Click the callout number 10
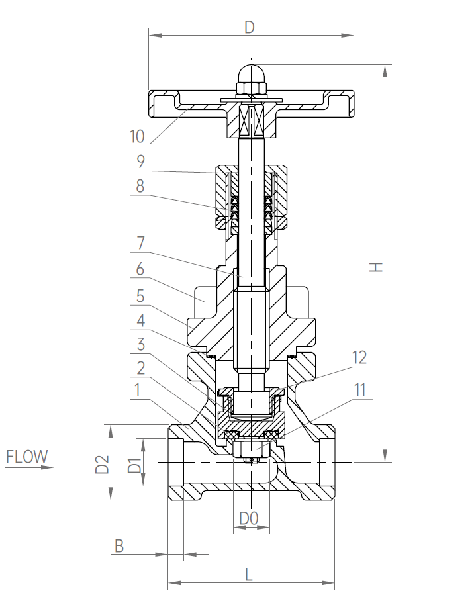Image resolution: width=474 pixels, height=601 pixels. click(138, 136)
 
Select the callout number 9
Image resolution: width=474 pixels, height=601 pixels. click(140, 161)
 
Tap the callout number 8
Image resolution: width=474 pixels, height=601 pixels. click(140, 186)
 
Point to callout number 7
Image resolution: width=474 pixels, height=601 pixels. click(140, 243)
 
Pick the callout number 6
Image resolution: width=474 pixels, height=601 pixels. click(140, 269)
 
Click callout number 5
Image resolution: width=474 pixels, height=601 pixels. click(140, 295)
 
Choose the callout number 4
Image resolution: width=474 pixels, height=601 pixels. click(140, 320)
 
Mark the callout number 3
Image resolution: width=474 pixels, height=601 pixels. click(140, 344)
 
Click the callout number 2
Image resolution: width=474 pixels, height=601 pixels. click(140, 367)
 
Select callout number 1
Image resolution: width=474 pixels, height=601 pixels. click(137, 391)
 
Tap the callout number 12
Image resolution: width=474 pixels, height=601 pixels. click(359, 358)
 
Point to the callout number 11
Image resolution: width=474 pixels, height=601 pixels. click(359, 390)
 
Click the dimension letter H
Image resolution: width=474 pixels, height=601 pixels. click(375, 266)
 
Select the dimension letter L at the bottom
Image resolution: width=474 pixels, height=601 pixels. click(249, 574)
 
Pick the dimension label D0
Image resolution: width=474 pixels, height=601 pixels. click(248, 519)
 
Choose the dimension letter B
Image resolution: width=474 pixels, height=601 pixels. click(119, 546)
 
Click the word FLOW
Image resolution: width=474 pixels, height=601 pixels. click(27, 457)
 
